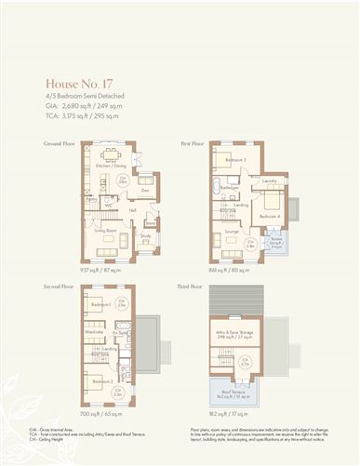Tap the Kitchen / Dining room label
click(x=111, y=166)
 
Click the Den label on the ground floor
click(x=132, y=190)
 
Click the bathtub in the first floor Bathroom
click(x=220, y=191)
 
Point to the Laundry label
click(x=269, y=180)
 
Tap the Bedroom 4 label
click(x=269, y=217)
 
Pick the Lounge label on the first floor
click(x=231, y=231)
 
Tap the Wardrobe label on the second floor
click(x=93, y=331)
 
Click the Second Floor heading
click(x=57, y=287)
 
